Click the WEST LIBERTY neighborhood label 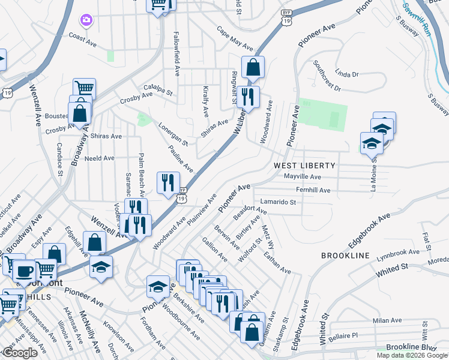click(x=304, y=165)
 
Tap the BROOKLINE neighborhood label click(x=345, y=256)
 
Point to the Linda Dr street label click(x=347, y=73)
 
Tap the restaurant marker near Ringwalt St click(x=247, y=97)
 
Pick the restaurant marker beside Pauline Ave click(x=168, y=182)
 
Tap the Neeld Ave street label click(x=100, y=158)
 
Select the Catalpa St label click(x=157, y=94)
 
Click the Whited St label click(x=392, y=269)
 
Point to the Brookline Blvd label click(x=411, y=348)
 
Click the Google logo click(x=19, y=353)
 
